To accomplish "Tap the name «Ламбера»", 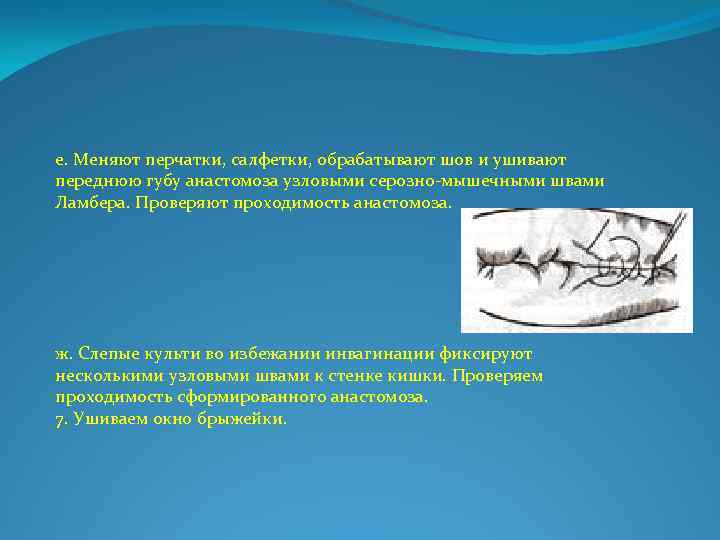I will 88,201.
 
